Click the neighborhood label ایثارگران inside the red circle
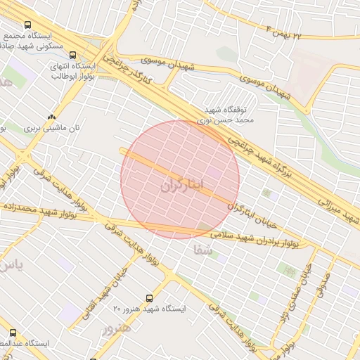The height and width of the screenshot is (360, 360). coord(181,186)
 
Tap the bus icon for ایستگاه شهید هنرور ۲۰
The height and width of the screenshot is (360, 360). coord(148,298)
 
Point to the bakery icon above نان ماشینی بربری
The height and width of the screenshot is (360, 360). coord(51,117)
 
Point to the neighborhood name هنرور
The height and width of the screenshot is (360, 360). coord(117,328)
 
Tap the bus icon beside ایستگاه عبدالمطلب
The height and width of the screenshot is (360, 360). coord(12,332)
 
